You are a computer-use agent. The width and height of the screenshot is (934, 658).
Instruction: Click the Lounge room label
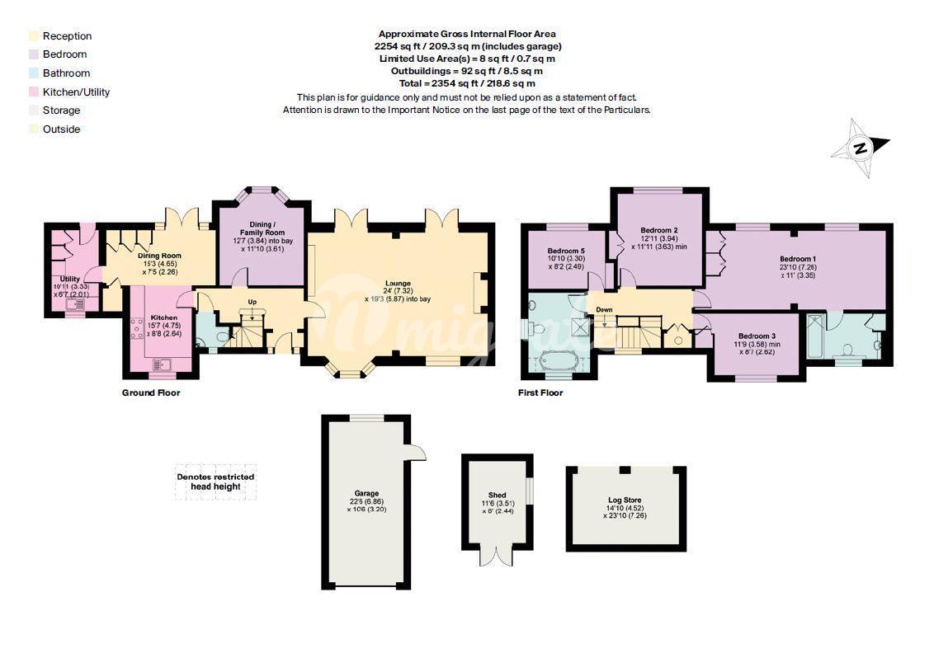point(398,284)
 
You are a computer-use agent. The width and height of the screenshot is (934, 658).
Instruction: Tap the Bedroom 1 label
point(798,259)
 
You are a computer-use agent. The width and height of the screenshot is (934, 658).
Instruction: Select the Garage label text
point(366,493)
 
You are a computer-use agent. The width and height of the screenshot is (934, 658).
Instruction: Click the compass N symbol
point(860,148)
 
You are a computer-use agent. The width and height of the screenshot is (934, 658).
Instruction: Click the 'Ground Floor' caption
point(151,392)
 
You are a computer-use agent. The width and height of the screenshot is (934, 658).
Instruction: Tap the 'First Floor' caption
point(540,392)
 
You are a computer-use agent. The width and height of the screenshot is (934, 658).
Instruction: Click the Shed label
point(497,495)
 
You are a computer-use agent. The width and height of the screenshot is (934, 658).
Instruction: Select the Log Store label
point(625,501)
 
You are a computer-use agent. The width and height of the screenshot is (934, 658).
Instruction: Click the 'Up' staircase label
point(252,302)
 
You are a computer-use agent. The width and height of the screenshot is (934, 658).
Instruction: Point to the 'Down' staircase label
point(604,310)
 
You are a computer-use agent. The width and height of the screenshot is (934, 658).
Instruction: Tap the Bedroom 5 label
point(566,251)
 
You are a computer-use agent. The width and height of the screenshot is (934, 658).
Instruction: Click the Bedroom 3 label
point(757,336)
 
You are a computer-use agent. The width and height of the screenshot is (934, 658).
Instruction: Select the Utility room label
point(69,279)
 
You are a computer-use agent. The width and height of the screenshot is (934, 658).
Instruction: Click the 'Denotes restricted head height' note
point(215,482)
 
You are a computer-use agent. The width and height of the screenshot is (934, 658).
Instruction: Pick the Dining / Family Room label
point(262,228)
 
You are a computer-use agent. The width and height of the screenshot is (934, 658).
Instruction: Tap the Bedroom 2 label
point(658,230)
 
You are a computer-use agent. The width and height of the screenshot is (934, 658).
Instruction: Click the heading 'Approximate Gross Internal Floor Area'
point(467,34)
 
